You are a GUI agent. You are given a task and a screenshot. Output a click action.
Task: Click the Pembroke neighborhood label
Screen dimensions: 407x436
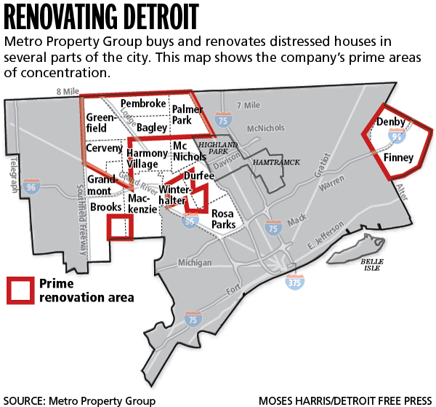143,103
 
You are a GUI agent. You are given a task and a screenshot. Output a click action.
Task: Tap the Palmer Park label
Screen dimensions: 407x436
187,114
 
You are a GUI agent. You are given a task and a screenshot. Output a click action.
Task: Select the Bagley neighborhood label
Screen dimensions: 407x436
152,127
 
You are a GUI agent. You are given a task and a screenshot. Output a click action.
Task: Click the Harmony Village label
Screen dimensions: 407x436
148,159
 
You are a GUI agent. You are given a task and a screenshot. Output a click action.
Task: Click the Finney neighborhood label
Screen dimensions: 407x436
399,157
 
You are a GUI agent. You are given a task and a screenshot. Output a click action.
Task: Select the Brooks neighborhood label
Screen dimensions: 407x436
106,208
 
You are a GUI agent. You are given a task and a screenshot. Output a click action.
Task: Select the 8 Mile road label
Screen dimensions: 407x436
68,90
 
